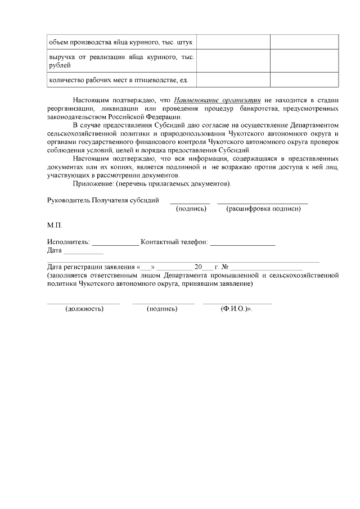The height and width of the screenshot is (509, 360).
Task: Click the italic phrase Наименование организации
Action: [x=218, y=100]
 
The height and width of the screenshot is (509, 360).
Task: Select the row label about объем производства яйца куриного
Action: [x=121, y=42]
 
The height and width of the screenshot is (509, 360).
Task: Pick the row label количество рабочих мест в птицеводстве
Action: [x=118, y=80]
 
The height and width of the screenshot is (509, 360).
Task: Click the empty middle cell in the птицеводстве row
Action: [x=233, y=80]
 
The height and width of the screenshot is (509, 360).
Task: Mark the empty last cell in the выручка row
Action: [x=304, y=61]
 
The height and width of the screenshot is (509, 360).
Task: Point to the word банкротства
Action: [x=259, y=108]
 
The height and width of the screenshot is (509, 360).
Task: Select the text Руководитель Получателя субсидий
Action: [x=103, y=200]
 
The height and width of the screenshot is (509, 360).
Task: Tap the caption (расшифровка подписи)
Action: [x=263, y=209]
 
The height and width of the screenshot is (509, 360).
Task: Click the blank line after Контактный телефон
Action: [x=243, y=244]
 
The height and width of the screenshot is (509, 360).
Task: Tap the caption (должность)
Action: [x=84, y=309]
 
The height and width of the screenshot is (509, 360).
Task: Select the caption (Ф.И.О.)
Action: [x=236, y=309]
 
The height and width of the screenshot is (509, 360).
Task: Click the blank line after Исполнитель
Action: [x=115, y=244]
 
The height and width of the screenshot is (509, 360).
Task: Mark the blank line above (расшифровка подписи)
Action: [x=262, y=202]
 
